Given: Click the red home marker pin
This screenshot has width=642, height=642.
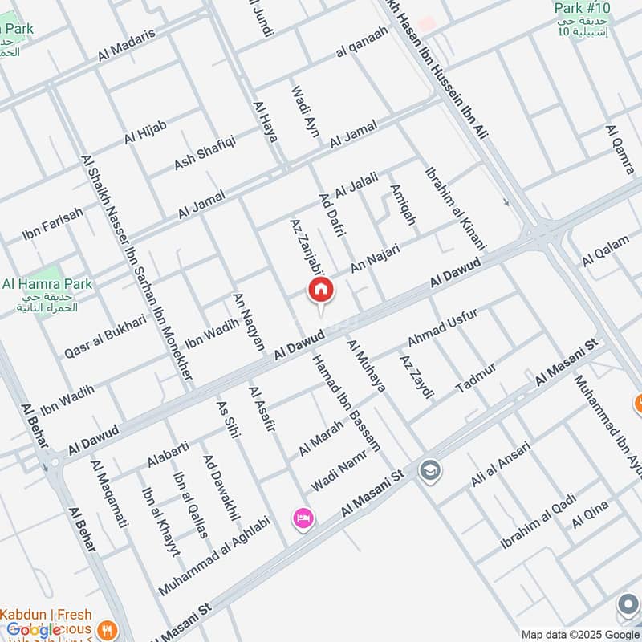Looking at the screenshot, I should [x=320, y=291].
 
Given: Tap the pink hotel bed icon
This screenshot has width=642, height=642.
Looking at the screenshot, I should [x=303, y=518].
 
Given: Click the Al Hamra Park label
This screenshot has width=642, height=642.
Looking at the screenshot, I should [x=47, y=283].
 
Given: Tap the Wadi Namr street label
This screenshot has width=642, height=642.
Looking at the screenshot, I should [x=339, y=472].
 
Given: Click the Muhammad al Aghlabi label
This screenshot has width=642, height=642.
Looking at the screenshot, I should [x=214, y=555].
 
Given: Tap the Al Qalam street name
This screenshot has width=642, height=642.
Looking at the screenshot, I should [x=606, y=249].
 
